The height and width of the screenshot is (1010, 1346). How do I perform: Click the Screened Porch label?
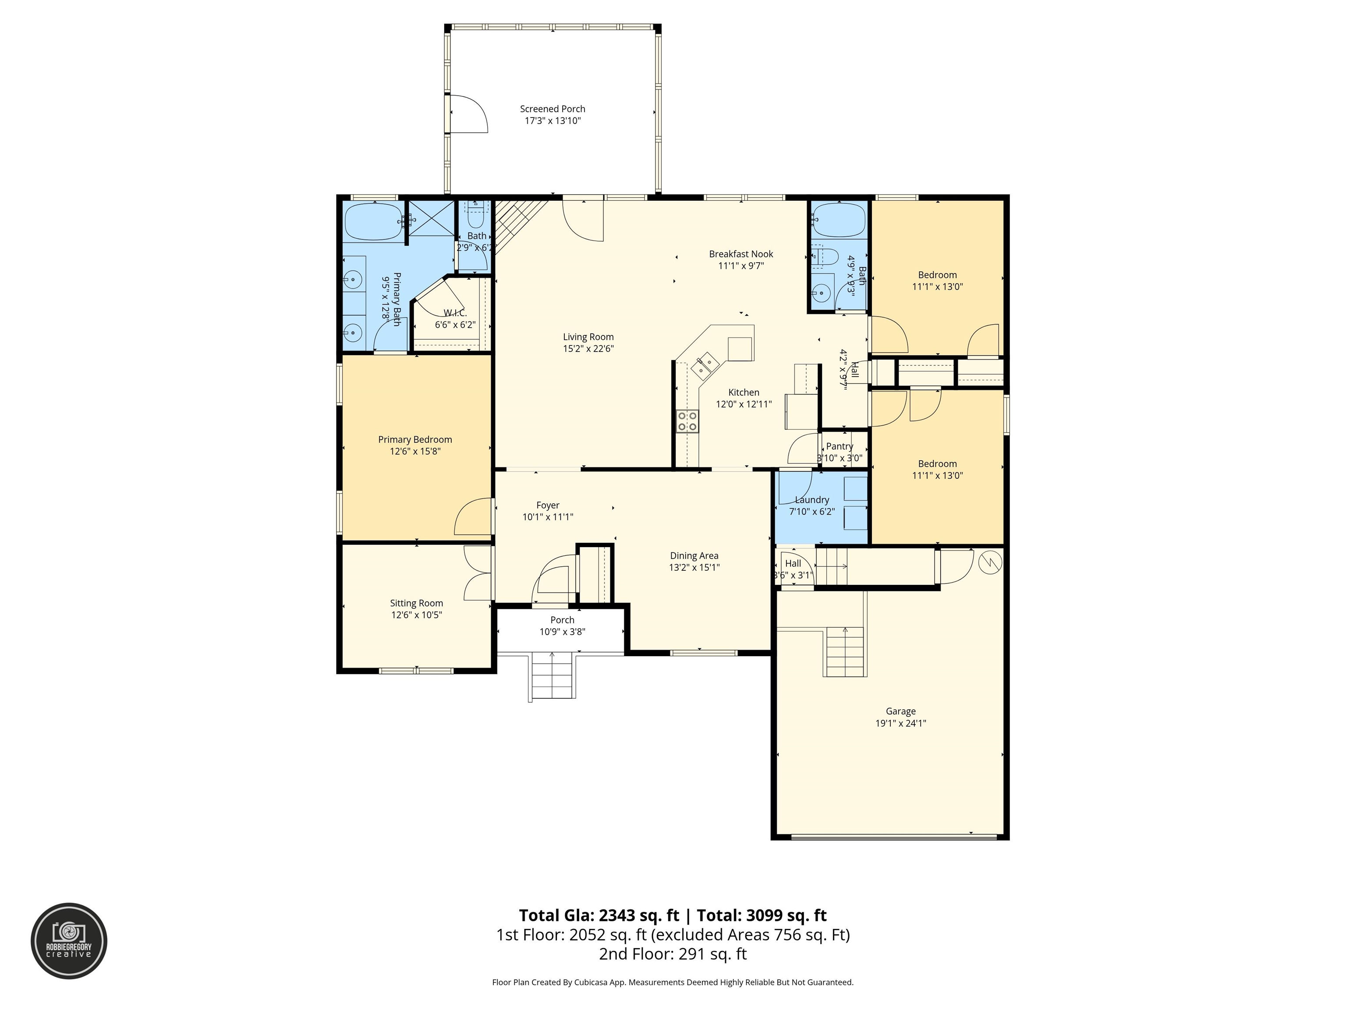[553, 109]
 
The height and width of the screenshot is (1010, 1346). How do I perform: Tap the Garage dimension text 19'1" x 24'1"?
[900, 723]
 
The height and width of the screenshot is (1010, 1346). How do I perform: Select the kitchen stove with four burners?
[687, 421]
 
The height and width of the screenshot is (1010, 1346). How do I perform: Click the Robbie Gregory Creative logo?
[69, 941]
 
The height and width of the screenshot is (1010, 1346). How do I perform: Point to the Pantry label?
[840, 446]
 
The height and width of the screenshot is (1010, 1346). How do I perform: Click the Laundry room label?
[812, 500]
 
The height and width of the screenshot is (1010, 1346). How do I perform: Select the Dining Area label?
[694, 555]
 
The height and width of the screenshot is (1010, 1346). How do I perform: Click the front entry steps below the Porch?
[553, 676]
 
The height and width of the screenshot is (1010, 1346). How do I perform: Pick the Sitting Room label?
[416, 603]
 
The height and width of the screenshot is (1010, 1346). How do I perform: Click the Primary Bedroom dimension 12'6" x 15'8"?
[415, 451]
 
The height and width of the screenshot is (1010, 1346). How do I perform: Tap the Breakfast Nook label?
[741, 254]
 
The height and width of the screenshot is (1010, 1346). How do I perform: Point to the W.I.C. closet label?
[454, 313]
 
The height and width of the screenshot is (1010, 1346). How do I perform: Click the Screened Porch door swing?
[468, 114]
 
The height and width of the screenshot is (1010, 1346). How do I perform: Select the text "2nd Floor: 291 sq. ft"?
[673, 954]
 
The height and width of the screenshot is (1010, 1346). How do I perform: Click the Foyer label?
[548, 505]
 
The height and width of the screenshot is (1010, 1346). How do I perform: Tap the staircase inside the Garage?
[845, 651]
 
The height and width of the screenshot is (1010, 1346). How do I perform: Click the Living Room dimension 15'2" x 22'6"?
[588, 349]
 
